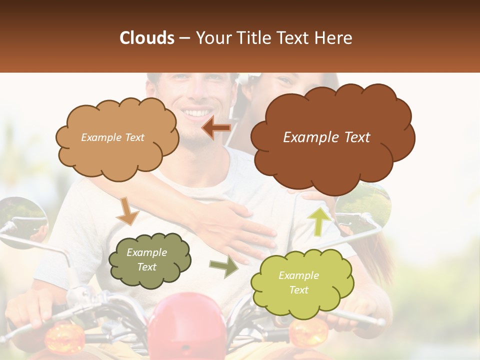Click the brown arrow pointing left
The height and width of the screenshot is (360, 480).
point(216,128)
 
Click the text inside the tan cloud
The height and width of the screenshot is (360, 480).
point(112,137)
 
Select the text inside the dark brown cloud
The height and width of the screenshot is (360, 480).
point(326,137)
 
